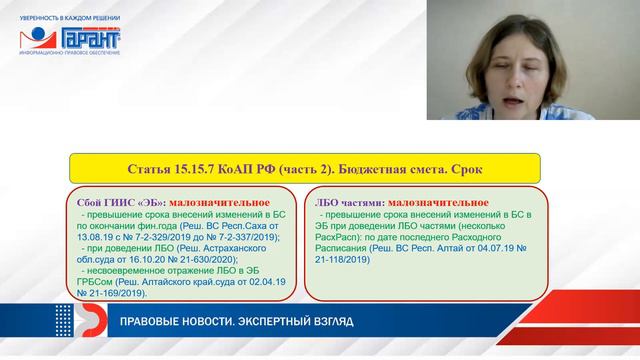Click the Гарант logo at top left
[x=70, y=39]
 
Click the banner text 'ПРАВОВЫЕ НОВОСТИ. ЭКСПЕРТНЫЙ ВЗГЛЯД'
[x=236, y=321]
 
